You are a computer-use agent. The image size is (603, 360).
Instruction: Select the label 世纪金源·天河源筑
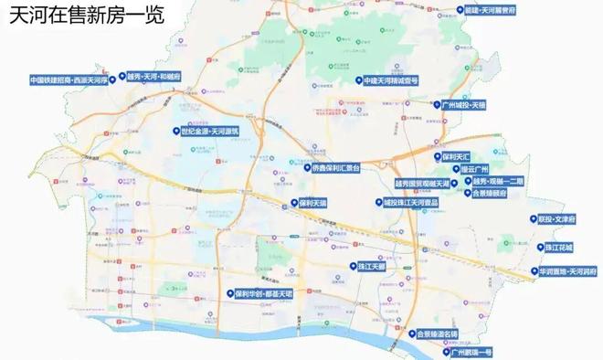coord(211,132)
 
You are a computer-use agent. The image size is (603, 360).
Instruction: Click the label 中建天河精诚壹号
coord(391,80)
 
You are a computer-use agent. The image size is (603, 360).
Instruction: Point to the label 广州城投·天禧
coord(465,105)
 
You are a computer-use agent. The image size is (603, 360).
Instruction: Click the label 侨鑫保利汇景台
coord(337,168)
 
